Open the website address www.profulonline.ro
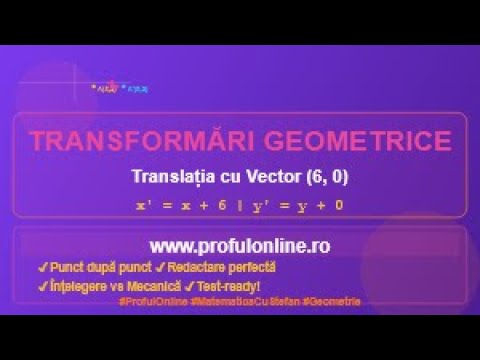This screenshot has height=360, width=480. coord(240,245)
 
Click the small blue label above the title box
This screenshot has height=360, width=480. coord(136,89)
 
